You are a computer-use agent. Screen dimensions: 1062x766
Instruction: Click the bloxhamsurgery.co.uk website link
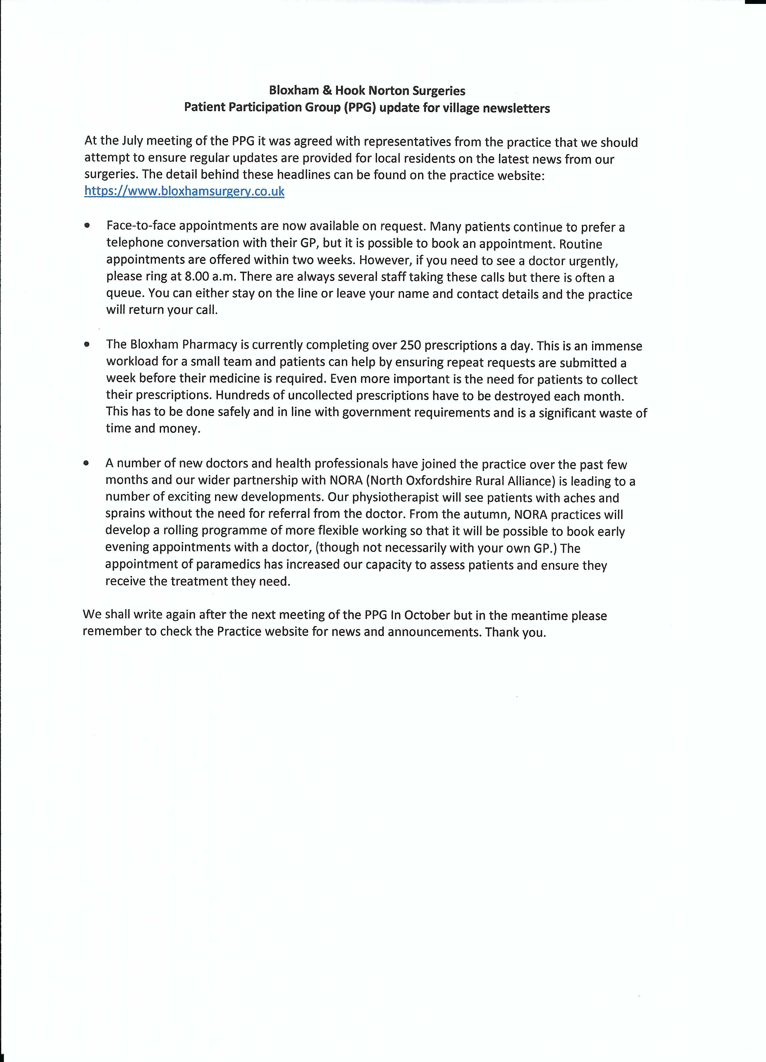[x=184, y=191]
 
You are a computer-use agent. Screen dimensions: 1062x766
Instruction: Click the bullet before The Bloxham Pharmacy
[x=87, y=344]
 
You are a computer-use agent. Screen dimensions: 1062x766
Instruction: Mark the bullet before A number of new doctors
[x=87, y=463]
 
